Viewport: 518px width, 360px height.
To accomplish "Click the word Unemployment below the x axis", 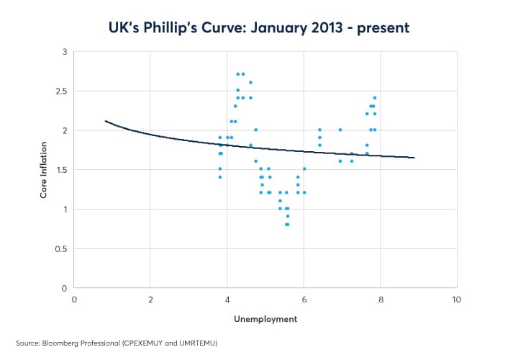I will pyautogui.click(x=265, y=318).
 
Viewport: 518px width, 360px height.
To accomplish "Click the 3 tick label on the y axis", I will pyautogui.click(x=64, y=52).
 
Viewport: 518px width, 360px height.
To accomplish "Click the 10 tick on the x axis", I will pyautogui.click(x=455, y=299).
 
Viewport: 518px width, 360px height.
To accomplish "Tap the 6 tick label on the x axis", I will pyautogui.click(x=304, y=299).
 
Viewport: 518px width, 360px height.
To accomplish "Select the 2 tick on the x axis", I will pyautogui.click(x=150, y=299).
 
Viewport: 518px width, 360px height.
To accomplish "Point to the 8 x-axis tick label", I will pyautogui.click(x=380, y=299).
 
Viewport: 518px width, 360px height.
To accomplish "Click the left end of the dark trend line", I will pyautogui.click(x=105, y=121).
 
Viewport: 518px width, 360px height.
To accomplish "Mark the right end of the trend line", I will pyautogui.click(x=414, y=158).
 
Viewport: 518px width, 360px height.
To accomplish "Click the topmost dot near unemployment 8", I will pyautogui.click(x=374, y=98).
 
